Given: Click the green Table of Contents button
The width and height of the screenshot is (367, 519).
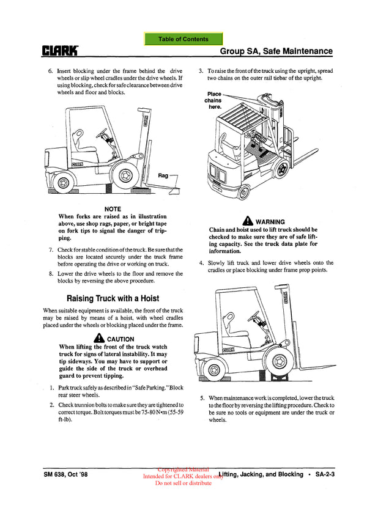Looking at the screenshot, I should pos(183,39).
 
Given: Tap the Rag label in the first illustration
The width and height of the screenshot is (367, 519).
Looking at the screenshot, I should pos(163,175).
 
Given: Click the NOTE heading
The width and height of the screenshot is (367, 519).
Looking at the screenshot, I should pos(113,209).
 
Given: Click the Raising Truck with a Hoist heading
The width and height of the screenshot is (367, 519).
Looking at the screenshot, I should pos(113,298).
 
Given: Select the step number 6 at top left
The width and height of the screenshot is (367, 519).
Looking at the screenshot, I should pos(50,72).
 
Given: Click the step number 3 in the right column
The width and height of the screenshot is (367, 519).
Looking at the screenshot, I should pos(201,72).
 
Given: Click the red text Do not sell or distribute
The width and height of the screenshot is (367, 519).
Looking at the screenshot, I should pos(183,483).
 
